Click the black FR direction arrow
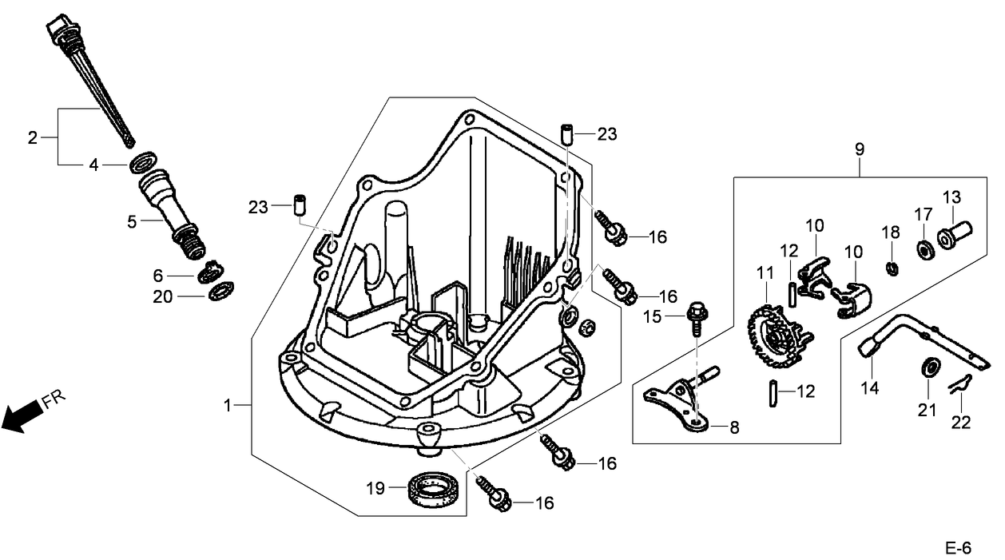point(22,415)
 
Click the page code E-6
point(957,548)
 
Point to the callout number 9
point(860,149)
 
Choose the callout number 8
point(734,427)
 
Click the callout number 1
point(228,406)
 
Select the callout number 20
point(164,296)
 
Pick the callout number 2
point(33,137)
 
